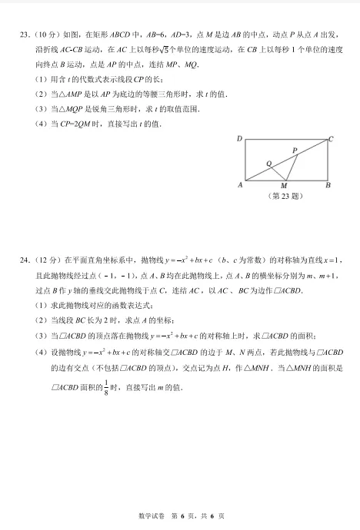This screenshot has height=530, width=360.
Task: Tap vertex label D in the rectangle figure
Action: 240,139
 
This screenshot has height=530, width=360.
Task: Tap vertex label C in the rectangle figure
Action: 331,139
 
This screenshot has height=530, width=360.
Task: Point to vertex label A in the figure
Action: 240,185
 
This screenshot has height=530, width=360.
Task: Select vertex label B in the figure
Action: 328,185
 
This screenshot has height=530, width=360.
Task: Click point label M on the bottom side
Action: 284,186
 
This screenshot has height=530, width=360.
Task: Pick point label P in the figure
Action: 295,151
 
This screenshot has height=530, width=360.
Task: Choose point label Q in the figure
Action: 268,164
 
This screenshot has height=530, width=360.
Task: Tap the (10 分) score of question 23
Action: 44,34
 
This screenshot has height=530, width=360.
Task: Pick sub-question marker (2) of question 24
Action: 40,320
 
